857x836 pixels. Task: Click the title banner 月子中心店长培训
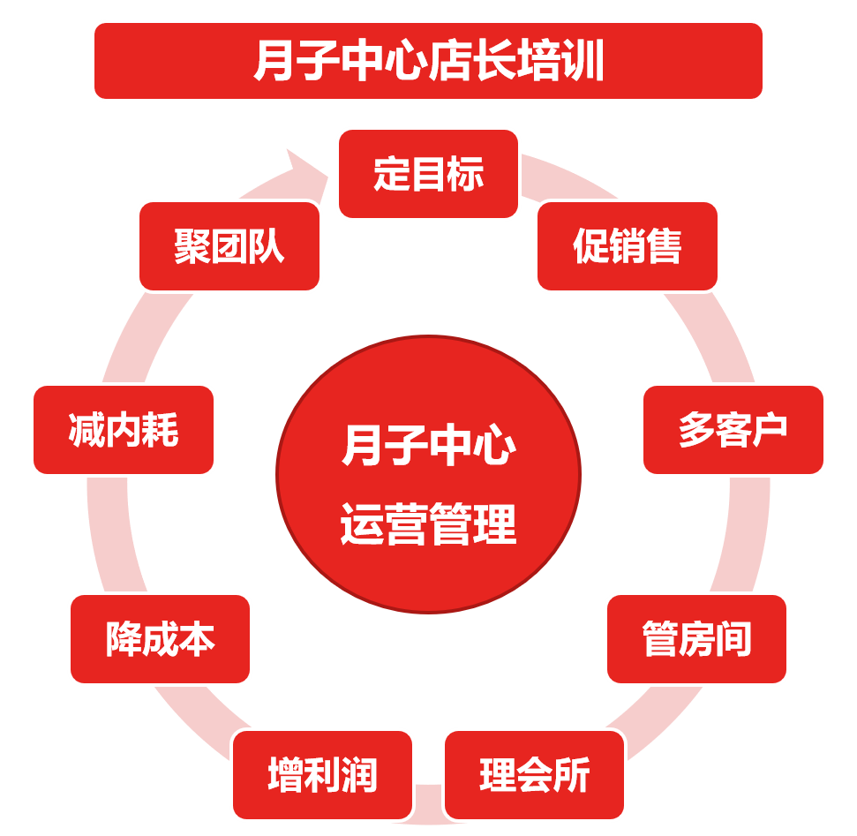pos(428,61)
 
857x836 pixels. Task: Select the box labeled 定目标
pos(428,174)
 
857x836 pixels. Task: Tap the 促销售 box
pos(627,246)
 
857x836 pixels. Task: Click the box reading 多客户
pos(733,430)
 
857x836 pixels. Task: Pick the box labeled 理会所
pos(534,775)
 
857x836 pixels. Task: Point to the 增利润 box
pos(322,775)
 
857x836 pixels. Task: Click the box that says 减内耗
pos(124,430)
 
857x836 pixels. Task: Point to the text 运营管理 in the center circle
pos(428,525)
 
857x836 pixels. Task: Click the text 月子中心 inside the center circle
pos(428,446)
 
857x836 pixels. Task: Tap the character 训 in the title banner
pos(583,61)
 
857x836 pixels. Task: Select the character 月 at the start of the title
pos(273,61)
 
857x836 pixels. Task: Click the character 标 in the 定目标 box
pos(465,174)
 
